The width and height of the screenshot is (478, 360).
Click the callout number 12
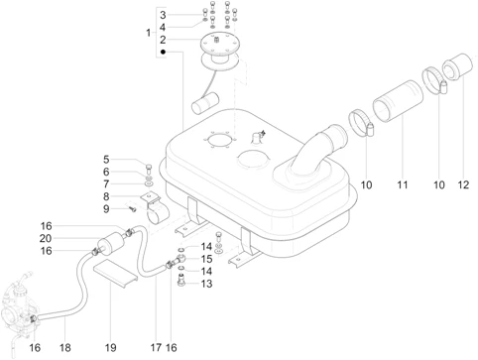pyautogui.click(x=463, y=184)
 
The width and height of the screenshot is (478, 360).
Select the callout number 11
pyautogui.click(x=403, y=184)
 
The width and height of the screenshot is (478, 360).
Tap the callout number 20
pyautogui.click(x=46, y=238)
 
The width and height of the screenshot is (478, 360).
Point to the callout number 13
pyautogui.click(x=206, y=284)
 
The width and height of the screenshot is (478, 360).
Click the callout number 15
pyautogui.click(x=206, y=259)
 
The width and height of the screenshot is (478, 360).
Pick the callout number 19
pyautogui.click(x=111, y=348)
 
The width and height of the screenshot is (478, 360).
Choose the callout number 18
pyautogui.click(x=65, y=348)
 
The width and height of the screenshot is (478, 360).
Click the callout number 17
pyautogui.click(x=156, y=348)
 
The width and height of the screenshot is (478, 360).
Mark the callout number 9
pyautogui.click(x=106, y=209)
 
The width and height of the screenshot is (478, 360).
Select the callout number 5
pyautogui.click(x=106, y=160)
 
